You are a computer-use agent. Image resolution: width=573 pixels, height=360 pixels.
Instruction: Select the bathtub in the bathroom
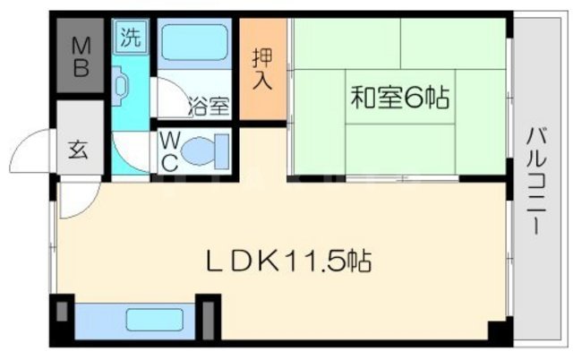[194, 43]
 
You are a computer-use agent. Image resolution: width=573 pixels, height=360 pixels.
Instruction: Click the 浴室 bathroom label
[210, 106]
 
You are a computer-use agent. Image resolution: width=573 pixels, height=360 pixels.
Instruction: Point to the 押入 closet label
[262, 68]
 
